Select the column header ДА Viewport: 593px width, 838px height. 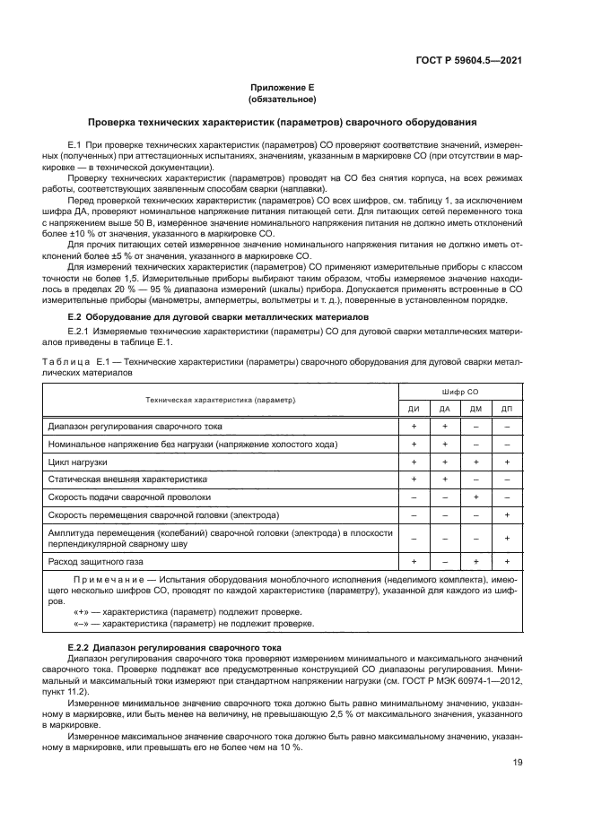[444, 409]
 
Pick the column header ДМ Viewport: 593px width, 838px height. [475, 409]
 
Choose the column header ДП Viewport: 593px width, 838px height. [507, 409]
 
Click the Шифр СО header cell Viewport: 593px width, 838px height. [460, 393]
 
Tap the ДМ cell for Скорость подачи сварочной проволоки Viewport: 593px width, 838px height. [475, 497]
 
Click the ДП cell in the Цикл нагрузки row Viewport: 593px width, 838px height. [507, 462]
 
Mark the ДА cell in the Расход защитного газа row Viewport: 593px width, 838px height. [444, 561]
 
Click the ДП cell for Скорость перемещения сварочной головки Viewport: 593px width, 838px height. [507, 514]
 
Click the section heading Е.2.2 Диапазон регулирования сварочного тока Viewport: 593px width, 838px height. [176, 646]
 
